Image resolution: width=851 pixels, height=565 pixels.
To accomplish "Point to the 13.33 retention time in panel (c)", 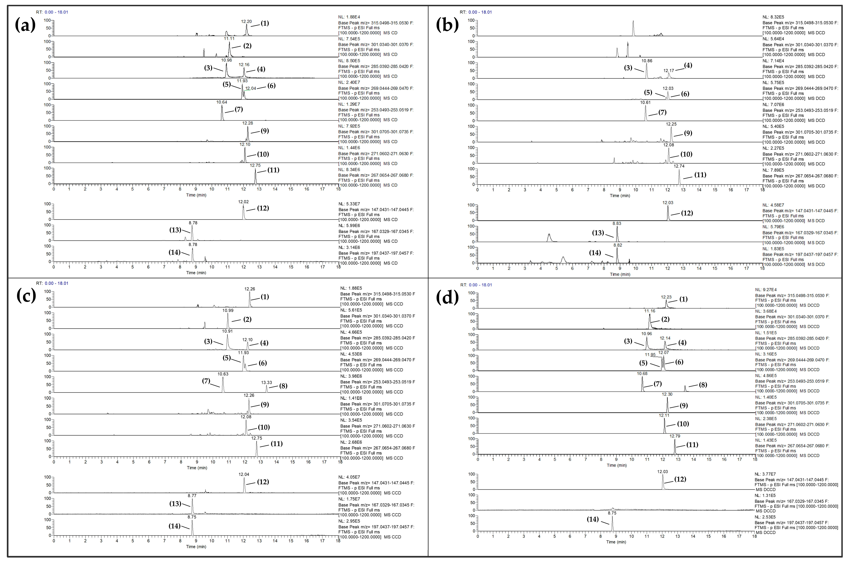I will tap(266, 383).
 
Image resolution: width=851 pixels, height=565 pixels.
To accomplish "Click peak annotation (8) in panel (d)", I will tap(703, 385).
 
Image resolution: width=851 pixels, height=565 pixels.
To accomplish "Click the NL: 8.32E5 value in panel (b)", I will tap(773, 17).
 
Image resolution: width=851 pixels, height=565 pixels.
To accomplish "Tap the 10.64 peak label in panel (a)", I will tap(222, 102).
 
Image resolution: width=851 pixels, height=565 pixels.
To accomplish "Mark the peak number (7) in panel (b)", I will tap(662, 112).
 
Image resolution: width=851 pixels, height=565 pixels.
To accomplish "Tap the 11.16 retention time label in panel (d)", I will tap(650, 311).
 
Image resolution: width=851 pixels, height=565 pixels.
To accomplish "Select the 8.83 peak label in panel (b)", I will tap(617, 224).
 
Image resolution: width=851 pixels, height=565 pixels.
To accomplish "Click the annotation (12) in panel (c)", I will tap(263, 482).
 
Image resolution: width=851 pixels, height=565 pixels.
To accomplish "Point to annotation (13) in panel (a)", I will tap(175, 230).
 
